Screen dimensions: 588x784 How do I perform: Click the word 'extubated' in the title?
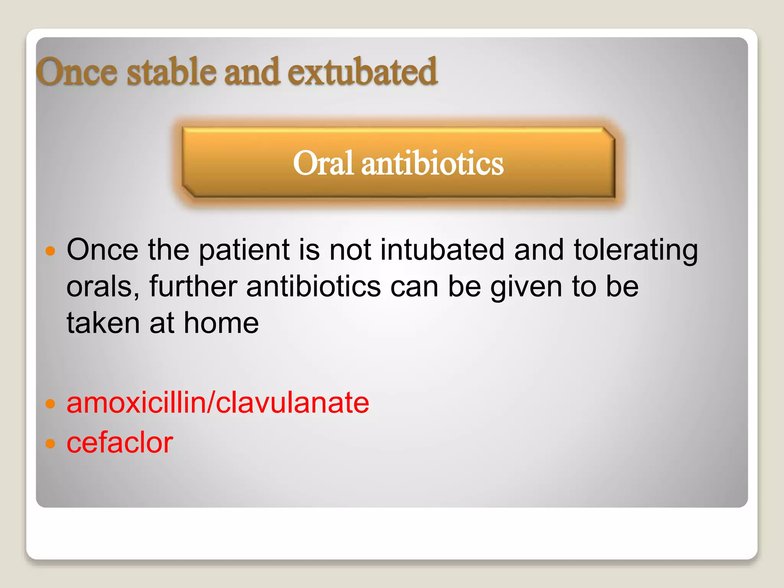(362, 72)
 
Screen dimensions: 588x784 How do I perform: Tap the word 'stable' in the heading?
(171, 72)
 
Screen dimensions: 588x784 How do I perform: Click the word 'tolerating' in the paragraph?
(636, 250)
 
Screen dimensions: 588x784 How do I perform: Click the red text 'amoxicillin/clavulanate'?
(218, 403)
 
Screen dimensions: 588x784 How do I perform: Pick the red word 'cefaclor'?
(120, 443)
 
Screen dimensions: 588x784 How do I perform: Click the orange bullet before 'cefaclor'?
(50, 443)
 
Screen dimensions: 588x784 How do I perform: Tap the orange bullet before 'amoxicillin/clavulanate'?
(50, 403)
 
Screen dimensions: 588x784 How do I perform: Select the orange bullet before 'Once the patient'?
(50, 251)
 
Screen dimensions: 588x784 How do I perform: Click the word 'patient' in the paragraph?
(245, 250)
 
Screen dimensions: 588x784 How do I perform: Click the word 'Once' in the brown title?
(77, 72)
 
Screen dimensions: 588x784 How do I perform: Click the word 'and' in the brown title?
(252, 72)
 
